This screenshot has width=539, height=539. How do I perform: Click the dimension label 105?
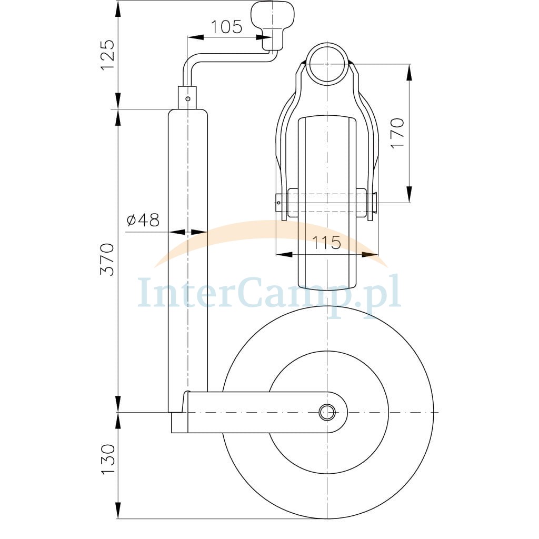226,27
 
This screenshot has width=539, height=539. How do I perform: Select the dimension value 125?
107,55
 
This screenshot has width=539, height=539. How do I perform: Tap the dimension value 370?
107,259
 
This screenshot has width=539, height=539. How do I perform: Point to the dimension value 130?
107,460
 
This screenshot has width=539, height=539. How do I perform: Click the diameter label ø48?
143,220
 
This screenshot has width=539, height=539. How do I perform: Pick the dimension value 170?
397,133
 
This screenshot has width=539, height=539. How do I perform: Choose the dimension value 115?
326,243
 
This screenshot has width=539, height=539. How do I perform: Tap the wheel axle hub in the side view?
327,412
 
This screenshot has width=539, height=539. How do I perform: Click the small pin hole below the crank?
188,99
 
